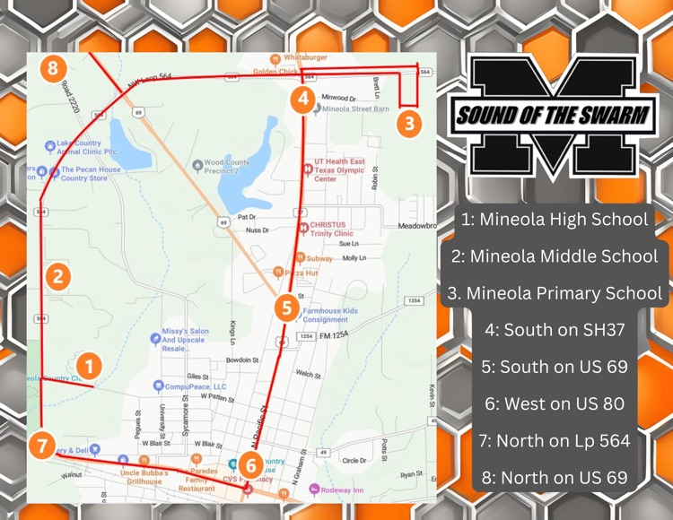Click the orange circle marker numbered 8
pyautogui.click(x=55, y=67)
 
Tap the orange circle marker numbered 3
pyautogui.click(x=409, y=122)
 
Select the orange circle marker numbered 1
pyautogui.click(x=88, y=365)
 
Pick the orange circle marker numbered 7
pyautogui.click(x=42, y=444)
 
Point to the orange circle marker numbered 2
pyautogui.click(x=58, y=276)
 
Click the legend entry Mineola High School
pyautogui.click(x=554, y=219)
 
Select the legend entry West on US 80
pyautogui.click(x=554, y=403)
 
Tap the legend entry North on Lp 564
pyautogui.click(x=554, y=440)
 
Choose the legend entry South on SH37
pyautogui.click(x=554, y=329)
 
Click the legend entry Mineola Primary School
pyautogui.click(x=554, y=293)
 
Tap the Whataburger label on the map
pyautogui.click(x=306, y=57)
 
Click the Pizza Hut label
pyautogui.click(x=300, y=272)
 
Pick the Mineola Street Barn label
pyautogui.click(x=355, y=109)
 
